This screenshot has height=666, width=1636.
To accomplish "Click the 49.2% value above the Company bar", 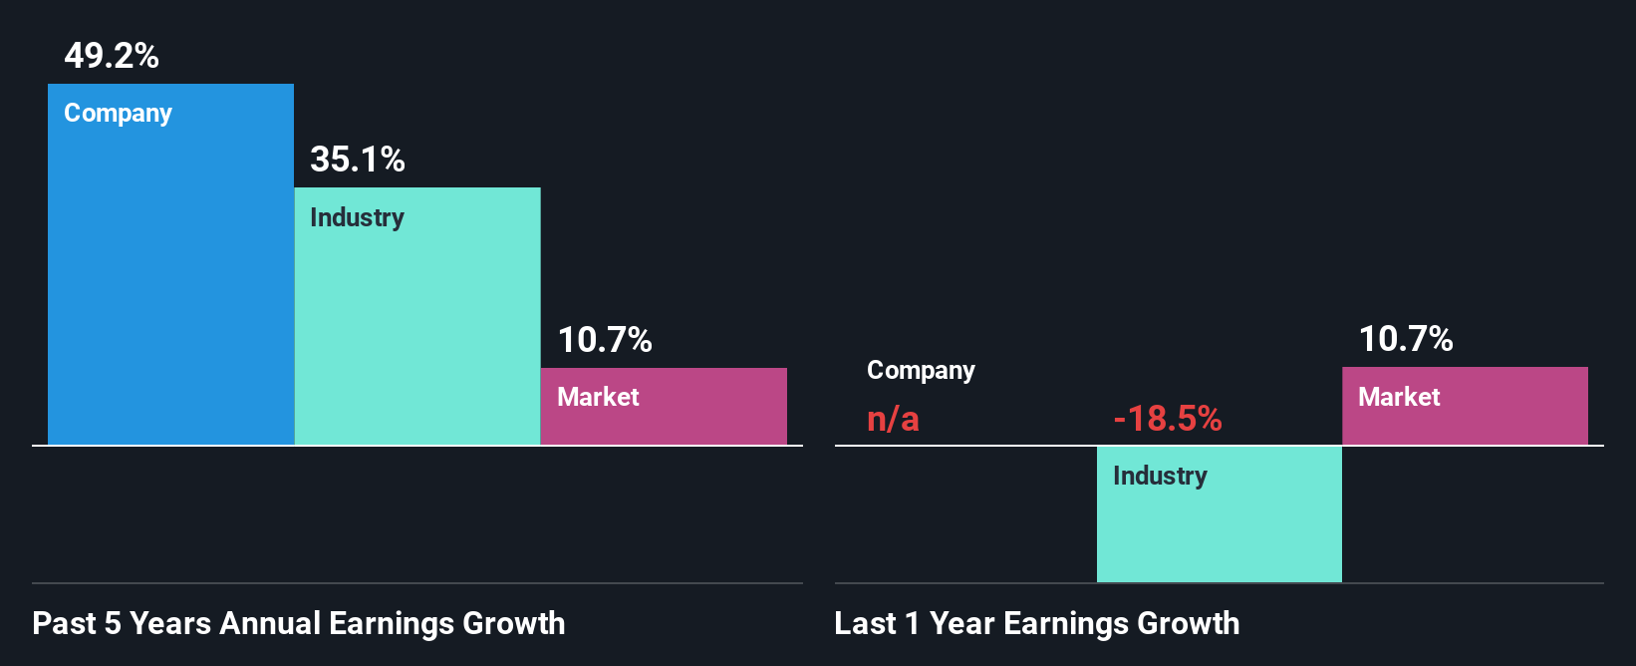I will click(x=112, y=56).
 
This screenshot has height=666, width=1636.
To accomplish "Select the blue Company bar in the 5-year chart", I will click(x=170, y=289).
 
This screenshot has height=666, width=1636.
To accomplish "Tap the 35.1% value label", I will click(x=357, y=160).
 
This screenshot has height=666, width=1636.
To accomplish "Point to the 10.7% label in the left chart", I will click(x=605, y=340).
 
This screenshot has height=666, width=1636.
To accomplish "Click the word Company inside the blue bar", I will click(x=118, y=114).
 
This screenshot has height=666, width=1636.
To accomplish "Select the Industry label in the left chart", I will click(x=357, y=217).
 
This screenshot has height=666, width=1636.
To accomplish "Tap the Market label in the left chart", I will click(x=598, y=397).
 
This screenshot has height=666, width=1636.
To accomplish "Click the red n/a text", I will click(x=893, y=419).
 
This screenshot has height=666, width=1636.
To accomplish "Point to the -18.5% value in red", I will click(x=1168, y=419).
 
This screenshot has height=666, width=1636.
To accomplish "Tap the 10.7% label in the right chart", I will click(x=1406, y=339).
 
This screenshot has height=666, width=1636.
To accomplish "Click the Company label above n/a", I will click(x=921, y=371).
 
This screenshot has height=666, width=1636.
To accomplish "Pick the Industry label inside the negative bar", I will click(x=1160, y=476).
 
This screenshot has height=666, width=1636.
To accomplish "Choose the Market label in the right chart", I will click(x=1399, y=397).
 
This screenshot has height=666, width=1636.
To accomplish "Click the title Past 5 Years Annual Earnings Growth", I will click(x=298, y=624).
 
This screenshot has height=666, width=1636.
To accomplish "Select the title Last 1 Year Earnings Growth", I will click(x=1036, y=624).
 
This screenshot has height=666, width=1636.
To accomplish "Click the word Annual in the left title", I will click(x=269, y=624).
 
